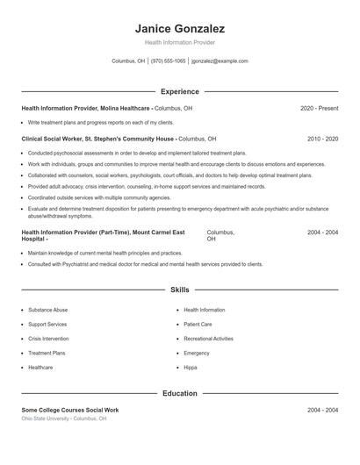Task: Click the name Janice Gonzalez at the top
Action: pos(179,28)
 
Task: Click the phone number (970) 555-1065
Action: pos(168,61)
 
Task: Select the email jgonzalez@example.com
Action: pos(220,61)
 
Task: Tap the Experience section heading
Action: pos(179,91)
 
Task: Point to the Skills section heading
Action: pos(179,290)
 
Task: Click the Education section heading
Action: pos(179,394)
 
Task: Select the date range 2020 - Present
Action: pos(319,108)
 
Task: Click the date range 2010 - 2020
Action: pos(322,139)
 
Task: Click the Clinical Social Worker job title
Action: pos(98,139)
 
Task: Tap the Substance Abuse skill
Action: pos(47,310)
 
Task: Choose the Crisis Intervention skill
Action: pos(48,338)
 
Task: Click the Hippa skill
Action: pos(191,367)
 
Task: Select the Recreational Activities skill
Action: pos(208,338)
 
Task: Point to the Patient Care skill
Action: pos(198,324)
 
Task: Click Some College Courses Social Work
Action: pos(69,410)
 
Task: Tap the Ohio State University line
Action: pos(63,418)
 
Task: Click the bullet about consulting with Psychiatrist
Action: pos(145,264)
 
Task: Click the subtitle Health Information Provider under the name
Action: pos(179,42)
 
